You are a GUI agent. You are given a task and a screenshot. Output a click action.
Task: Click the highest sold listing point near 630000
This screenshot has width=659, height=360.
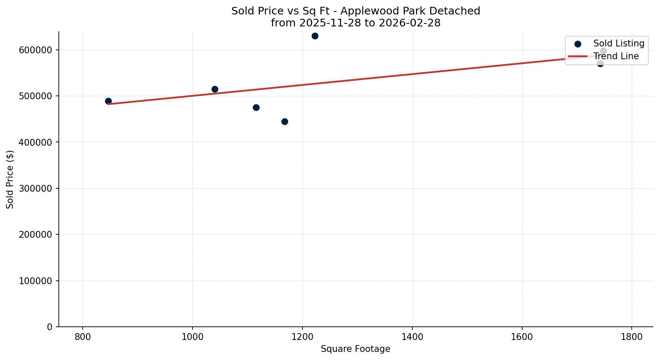[315, 36]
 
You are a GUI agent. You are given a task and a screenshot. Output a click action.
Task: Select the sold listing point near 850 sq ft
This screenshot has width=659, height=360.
[108, 101]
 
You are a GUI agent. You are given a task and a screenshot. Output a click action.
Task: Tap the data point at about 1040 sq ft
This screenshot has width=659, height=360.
[215, 89]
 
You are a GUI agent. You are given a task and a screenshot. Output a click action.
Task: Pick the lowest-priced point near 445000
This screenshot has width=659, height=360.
[285, 121]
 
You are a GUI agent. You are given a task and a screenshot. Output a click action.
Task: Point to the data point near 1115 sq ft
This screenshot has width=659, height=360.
[256, 107]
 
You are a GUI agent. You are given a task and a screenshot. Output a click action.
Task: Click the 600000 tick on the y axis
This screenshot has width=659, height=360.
[36, 50]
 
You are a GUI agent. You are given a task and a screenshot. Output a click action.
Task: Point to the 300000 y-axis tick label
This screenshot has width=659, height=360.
[36, 188]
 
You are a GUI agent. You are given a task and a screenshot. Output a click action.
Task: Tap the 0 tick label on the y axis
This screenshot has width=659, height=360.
[50, 327]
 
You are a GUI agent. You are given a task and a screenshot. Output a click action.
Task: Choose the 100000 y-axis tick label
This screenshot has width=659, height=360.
[36, 281]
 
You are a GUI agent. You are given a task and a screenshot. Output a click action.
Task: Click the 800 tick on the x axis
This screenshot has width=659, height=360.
[83, 336]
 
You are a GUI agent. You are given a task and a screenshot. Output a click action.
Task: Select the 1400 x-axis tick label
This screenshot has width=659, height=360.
[412, 336]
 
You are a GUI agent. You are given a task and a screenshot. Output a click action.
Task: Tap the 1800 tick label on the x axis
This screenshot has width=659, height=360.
[632, 336]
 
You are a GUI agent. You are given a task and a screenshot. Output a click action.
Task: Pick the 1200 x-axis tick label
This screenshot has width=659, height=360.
[302, 336]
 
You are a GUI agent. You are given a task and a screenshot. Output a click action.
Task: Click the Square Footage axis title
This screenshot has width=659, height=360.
[355, 349]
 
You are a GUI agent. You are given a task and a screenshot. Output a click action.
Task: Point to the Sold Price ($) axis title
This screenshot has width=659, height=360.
[10, 179]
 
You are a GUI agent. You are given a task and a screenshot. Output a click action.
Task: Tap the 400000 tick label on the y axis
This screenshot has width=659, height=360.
[36, 142]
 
